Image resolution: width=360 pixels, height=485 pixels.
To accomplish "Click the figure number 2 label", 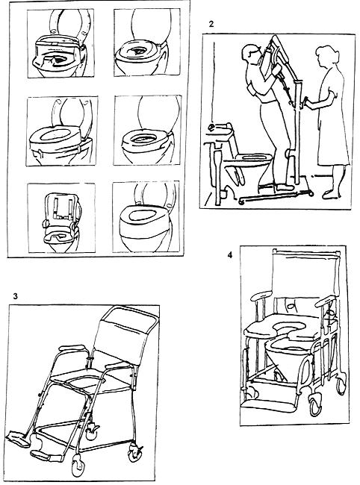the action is [211, 24].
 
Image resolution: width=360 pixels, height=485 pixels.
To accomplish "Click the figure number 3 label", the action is [16, 296].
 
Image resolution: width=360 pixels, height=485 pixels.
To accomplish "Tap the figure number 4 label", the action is [230, 255].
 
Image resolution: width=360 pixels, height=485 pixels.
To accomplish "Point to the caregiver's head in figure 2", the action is [326, 56].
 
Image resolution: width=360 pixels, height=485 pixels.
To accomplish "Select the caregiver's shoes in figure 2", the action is [332, 194].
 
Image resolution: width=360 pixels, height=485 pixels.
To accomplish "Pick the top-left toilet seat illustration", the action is [60, 43].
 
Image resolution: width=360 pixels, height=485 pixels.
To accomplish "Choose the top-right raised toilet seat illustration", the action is [147, 43].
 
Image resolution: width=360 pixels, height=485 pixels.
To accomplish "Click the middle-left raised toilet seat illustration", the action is [63, 131].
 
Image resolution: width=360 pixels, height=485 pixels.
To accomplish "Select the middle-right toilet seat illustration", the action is [147, 131].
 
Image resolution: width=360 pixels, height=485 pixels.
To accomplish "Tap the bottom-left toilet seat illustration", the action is [61, 219].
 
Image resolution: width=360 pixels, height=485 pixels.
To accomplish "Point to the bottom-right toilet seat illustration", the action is [146, 217].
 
